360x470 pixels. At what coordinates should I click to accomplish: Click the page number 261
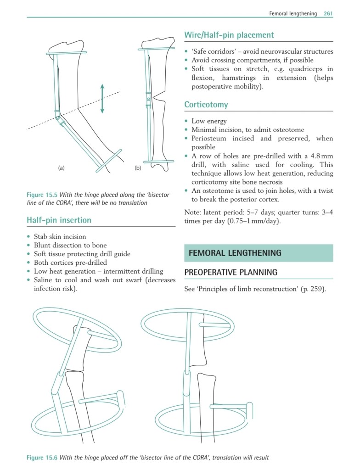328,13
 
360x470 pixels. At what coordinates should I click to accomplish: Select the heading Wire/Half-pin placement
229,35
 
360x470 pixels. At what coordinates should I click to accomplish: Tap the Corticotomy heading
206,105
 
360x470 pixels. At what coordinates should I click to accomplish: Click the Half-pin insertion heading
59,220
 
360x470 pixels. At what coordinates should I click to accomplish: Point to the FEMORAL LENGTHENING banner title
235,253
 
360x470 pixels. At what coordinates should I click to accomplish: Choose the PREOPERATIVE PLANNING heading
231,272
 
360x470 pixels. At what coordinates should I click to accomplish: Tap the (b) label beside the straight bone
137,168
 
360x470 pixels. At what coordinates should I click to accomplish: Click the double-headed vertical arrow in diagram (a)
102,98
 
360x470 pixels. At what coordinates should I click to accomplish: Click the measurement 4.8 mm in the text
320,156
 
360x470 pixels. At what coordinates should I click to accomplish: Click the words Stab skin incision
60,237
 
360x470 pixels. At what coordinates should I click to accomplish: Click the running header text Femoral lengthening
293,13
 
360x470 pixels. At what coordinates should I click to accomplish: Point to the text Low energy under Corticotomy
209,121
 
